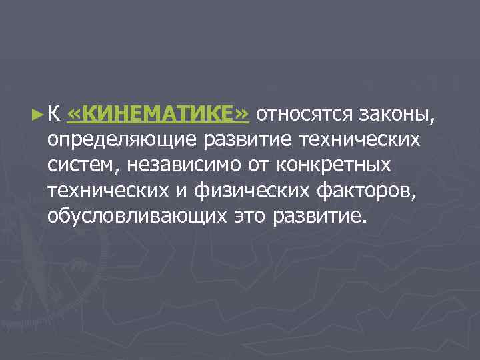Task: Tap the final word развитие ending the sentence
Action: [319, 217]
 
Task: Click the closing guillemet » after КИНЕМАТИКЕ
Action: [242, 115]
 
